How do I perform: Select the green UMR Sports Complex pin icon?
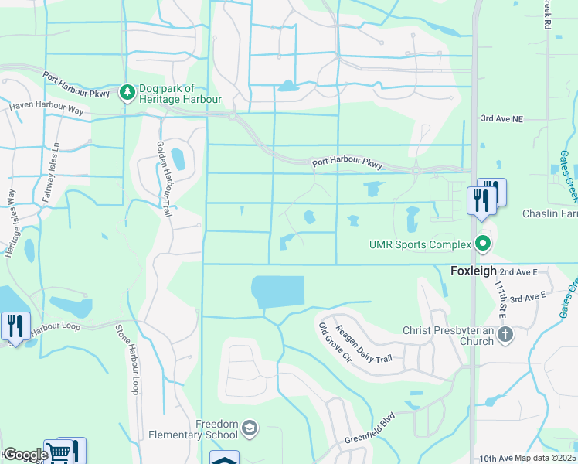point(484,244)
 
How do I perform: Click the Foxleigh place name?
point(473,271)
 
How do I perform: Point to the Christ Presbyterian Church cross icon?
point(505,335)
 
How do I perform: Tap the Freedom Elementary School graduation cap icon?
point(250,428)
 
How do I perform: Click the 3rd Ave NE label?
point(501,118)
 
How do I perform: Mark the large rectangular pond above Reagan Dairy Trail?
point(278,292)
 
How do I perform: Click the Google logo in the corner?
point(25,455)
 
